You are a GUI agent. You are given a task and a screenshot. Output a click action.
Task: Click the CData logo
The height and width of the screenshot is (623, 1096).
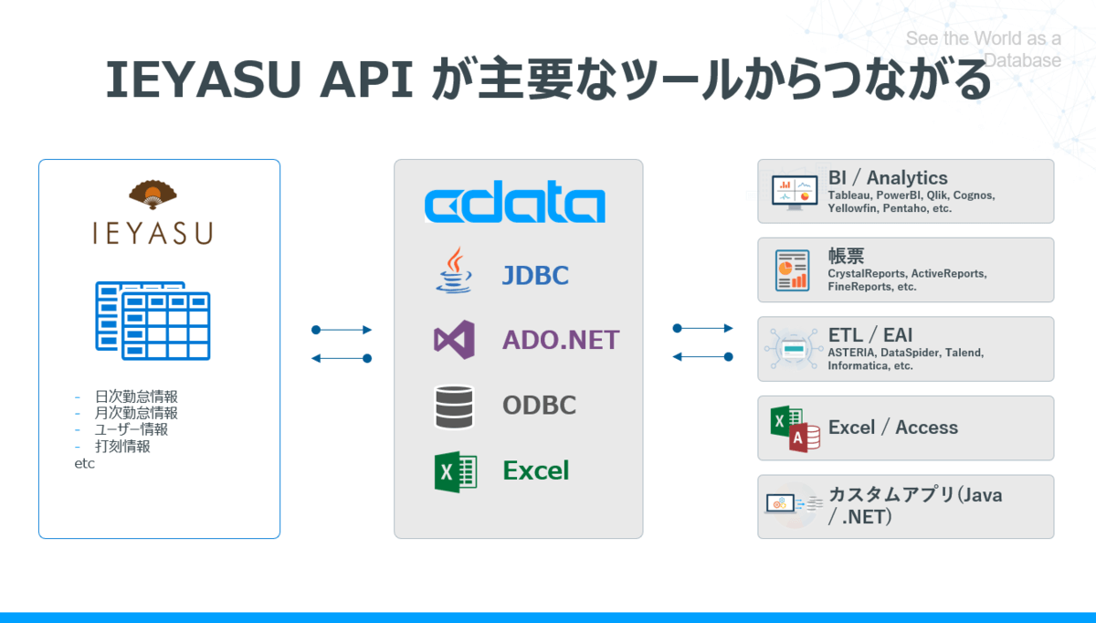point(514,205)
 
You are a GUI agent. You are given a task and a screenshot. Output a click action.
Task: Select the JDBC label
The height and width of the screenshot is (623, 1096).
point(535,275)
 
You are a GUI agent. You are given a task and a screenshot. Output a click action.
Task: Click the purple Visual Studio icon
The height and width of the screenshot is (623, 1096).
point(454,340)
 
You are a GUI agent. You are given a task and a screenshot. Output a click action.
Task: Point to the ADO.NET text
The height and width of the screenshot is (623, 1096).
point(561,340)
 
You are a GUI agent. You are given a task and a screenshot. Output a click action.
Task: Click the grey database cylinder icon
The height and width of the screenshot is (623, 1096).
point(454,407)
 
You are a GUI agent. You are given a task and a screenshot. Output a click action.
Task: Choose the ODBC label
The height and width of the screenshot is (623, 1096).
point(539,405)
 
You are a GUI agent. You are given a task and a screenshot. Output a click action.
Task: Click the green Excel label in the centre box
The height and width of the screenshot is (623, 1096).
point(535,470)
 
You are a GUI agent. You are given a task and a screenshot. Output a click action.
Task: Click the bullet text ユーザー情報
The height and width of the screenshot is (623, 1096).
point(131,429)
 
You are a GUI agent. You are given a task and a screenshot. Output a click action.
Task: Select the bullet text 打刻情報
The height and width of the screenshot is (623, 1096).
point(122,447)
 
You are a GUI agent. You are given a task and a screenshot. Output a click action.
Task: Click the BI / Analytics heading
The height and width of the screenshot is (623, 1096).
point(888,178)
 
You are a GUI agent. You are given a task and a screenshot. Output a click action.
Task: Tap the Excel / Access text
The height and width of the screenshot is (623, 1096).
point(892,428)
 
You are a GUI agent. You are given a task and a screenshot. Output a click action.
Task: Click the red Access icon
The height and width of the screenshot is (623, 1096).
point(806,438)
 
